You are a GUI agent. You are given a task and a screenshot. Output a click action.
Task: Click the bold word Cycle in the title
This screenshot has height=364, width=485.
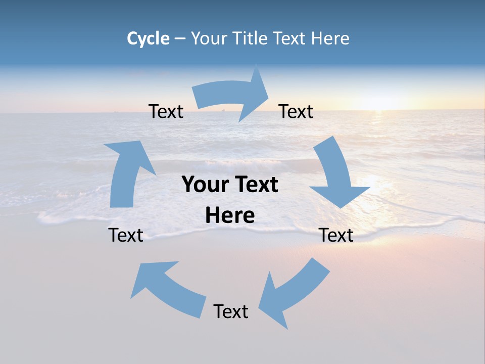pos(148,38)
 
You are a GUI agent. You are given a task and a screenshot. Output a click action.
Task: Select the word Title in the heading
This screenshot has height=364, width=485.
pos(252,38)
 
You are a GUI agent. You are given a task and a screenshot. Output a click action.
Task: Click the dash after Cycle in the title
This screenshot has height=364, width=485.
pos(180,39)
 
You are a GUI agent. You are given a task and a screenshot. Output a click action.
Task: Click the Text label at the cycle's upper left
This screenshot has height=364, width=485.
pos(166,111)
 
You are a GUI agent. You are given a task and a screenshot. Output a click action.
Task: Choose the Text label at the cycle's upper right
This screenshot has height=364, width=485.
pos(296,111)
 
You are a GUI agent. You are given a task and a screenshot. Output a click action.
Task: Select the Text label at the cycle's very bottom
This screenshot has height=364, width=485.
pos(231,311)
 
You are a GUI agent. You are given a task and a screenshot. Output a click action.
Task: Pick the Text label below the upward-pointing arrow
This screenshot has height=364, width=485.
pos(126,235)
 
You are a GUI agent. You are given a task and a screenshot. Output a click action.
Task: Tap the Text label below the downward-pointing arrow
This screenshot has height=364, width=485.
pos(336,235)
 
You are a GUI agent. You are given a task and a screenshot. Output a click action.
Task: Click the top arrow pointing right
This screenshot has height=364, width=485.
pos(232,96)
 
